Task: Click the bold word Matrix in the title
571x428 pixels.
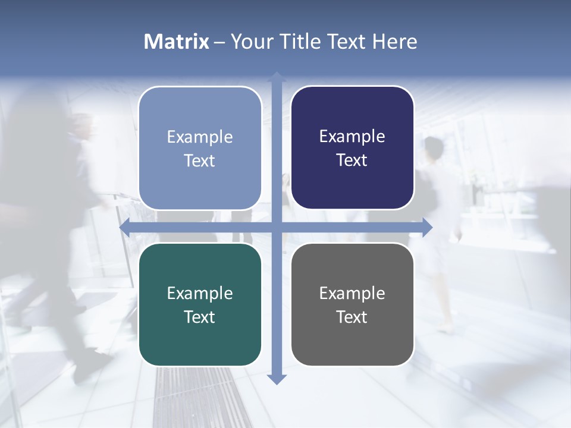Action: point(177,42)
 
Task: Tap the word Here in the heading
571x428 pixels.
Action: point(395,42)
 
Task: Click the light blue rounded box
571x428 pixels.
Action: point(200,149)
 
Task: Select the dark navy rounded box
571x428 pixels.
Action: point(352,148)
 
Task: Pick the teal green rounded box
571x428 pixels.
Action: point(200,305)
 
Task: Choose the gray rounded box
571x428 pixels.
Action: point(352,305)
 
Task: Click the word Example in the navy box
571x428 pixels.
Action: point(352,137)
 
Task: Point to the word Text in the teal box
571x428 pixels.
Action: point(200,317)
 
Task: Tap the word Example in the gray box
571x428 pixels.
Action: point(352,293)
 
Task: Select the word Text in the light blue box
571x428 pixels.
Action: point(200,160)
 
